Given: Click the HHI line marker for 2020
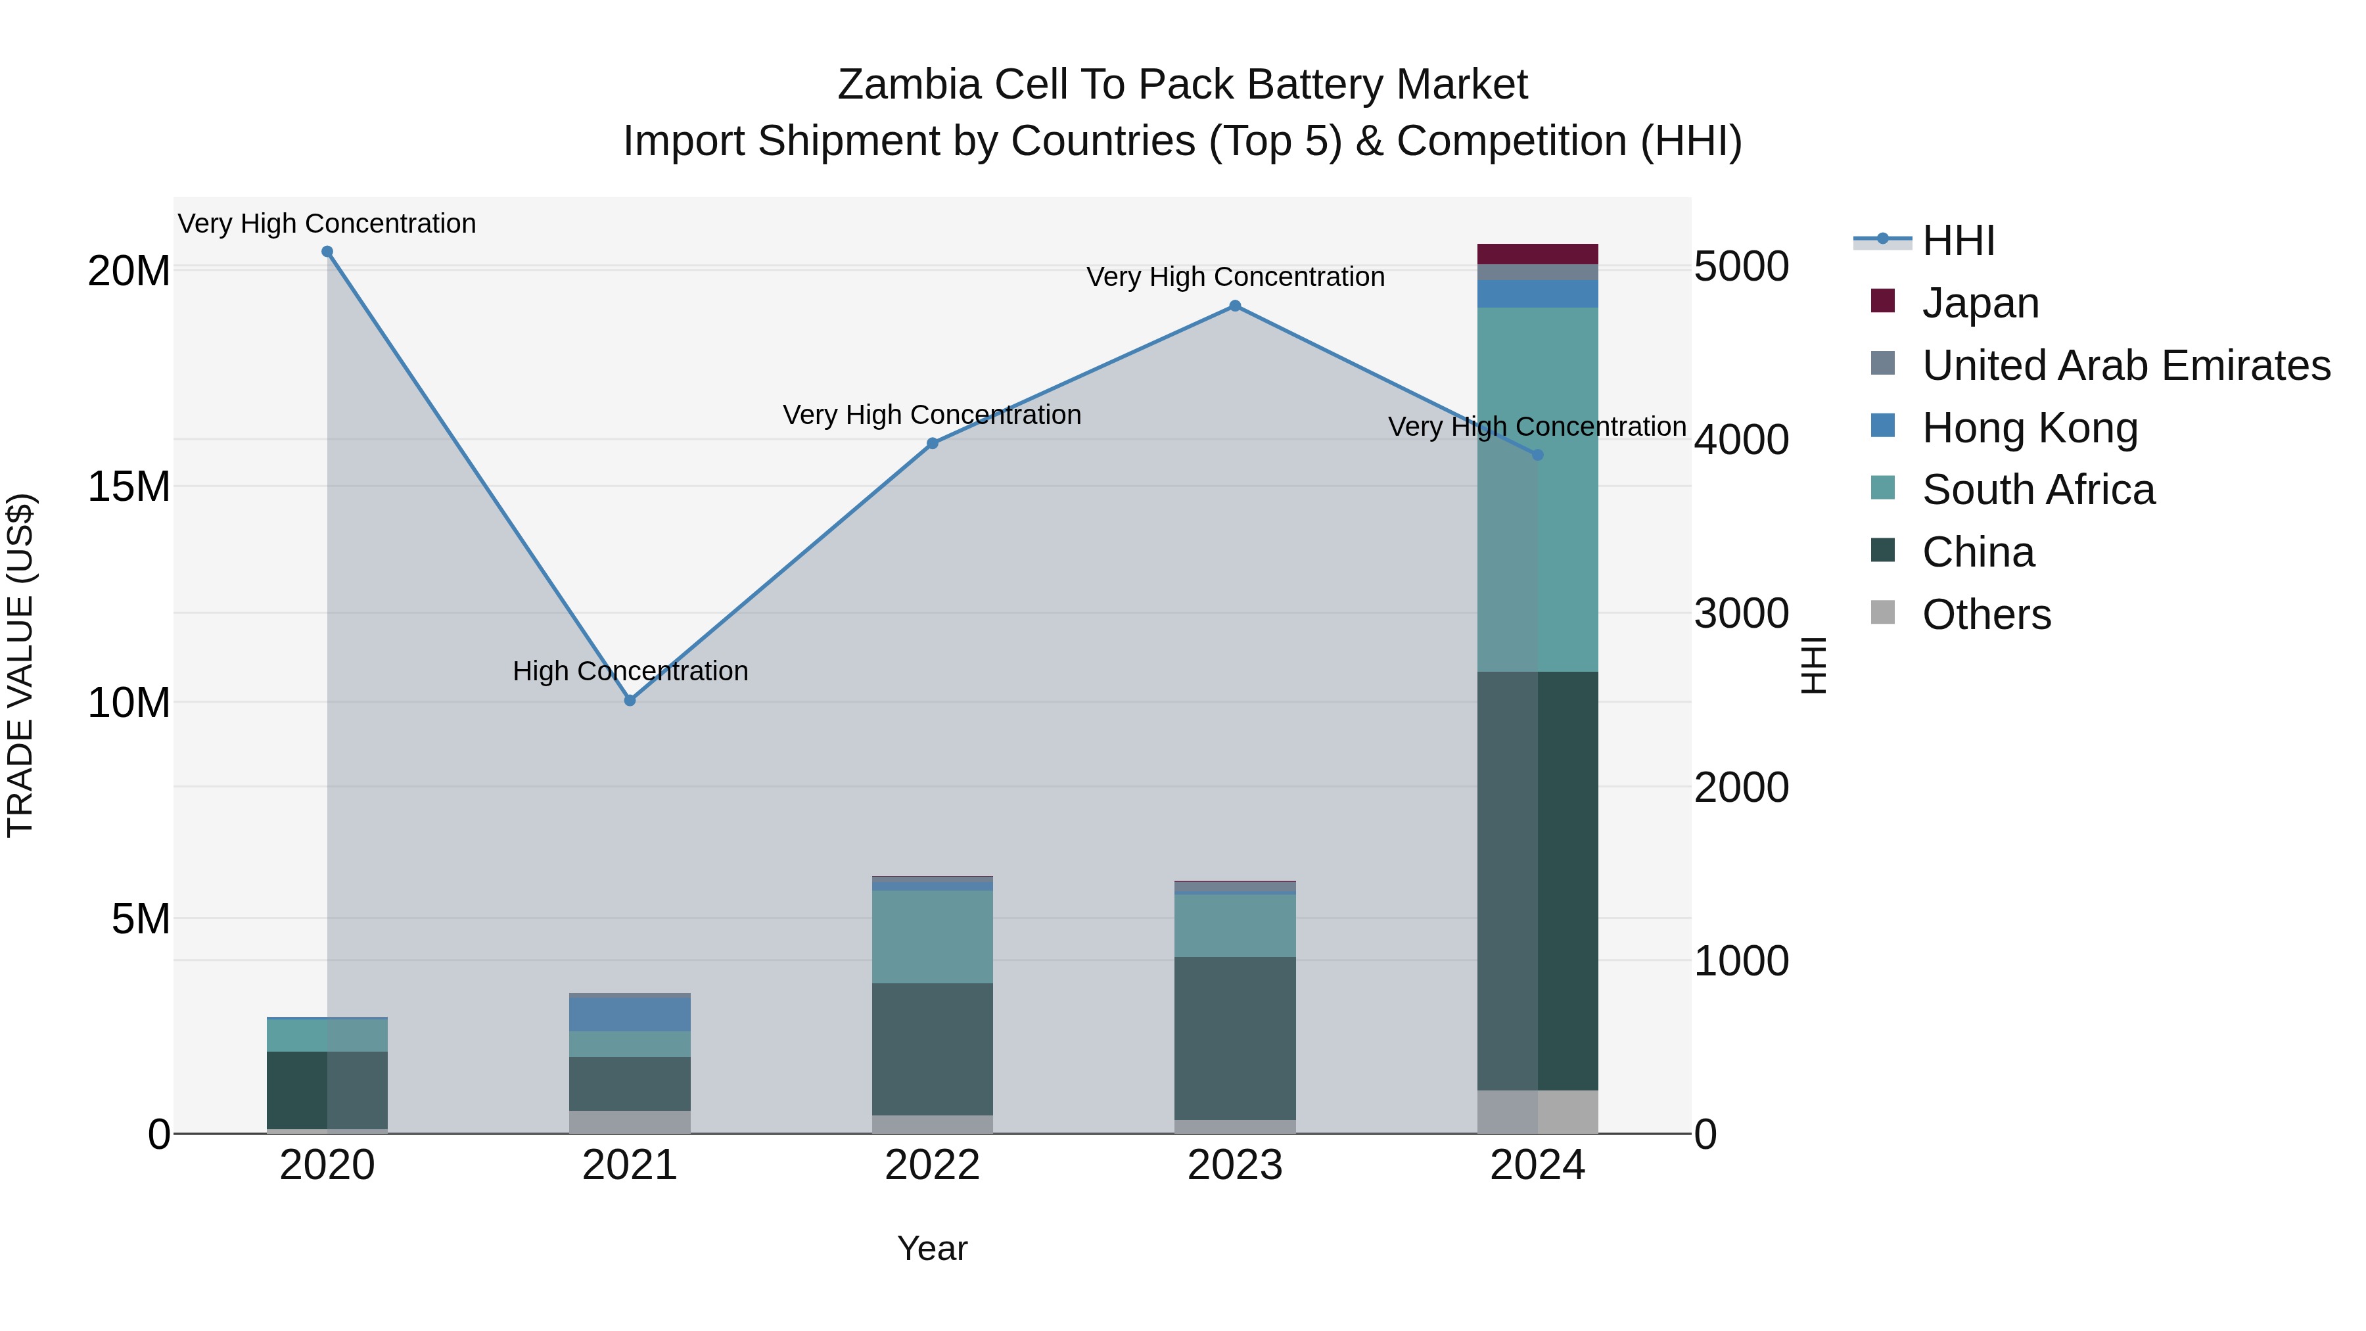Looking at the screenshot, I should [x=327, y=252].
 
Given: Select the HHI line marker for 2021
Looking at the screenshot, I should [x=630, y=701].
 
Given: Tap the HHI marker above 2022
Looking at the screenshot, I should [x=932, y=444].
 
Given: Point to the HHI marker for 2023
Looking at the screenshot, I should [x=1236, y=306].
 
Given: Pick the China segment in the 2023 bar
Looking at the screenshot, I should [x=1236, y=1038].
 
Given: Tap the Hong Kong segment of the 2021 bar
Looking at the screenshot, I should [x=630, y=1014].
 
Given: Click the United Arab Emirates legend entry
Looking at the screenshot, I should [x=2125, y=365].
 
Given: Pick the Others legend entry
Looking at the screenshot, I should [x=1985, y=615].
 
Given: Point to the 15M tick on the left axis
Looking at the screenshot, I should [x=129, y=487].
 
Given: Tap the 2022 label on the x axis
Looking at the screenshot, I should [x=932, y=1165].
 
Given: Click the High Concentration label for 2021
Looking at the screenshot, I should [x=630, y=672].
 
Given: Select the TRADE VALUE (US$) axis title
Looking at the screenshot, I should [x=20, y=665].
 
